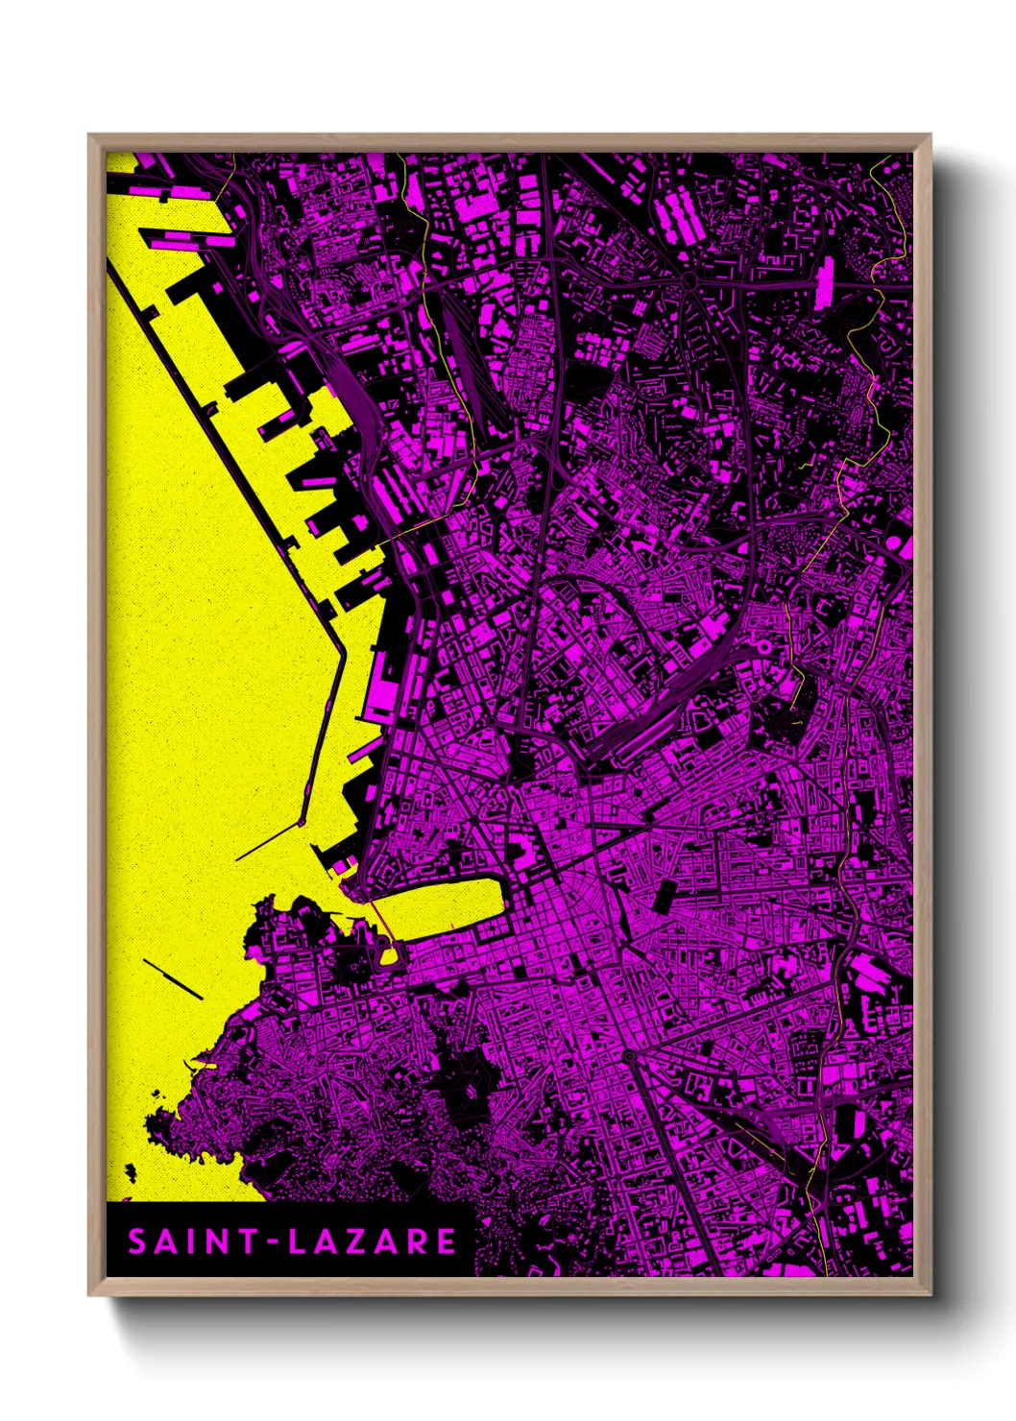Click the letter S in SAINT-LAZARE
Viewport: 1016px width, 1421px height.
point(137,1241)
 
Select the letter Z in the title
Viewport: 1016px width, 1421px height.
point(362,1241)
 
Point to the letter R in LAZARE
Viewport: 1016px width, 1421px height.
point(420,1241)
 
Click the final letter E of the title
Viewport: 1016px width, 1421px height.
point(447,1241)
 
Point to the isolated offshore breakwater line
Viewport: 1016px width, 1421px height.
point(173,978)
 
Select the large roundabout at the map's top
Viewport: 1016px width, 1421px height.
point(689,278)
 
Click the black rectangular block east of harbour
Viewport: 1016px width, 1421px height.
point(663,896)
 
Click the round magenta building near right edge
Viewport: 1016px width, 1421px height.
point(904,545)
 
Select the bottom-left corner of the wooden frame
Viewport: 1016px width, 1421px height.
point(90,1293)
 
